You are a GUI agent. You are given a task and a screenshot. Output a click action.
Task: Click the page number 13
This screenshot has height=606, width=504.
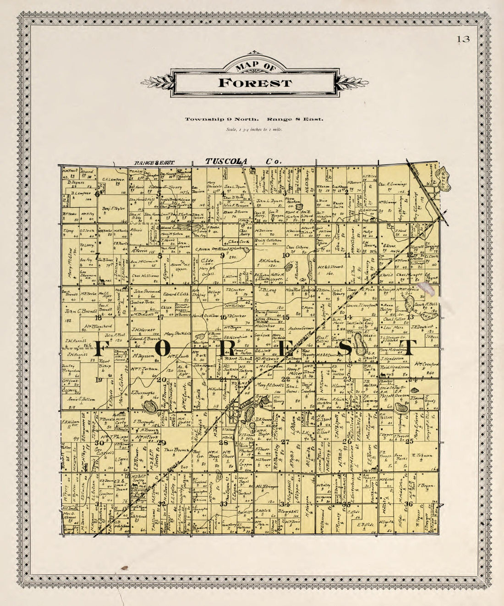pyautogui.click(x=463, y=39)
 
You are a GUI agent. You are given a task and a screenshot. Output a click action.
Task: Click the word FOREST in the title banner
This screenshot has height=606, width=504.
pyautogui.click(x=254, y=83)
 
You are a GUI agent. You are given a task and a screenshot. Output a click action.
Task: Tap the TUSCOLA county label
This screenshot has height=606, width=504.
pyautogui.click(x=226, y=161)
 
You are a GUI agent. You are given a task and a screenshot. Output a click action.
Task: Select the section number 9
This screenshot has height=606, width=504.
pyautogui.click(x=222, y=256)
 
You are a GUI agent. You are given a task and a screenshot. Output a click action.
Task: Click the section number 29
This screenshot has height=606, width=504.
pyautogui.click(x=161, y=442)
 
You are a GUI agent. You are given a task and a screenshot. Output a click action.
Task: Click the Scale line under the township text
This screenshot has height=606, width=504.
pyautogui.click(x=254, y=130)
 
